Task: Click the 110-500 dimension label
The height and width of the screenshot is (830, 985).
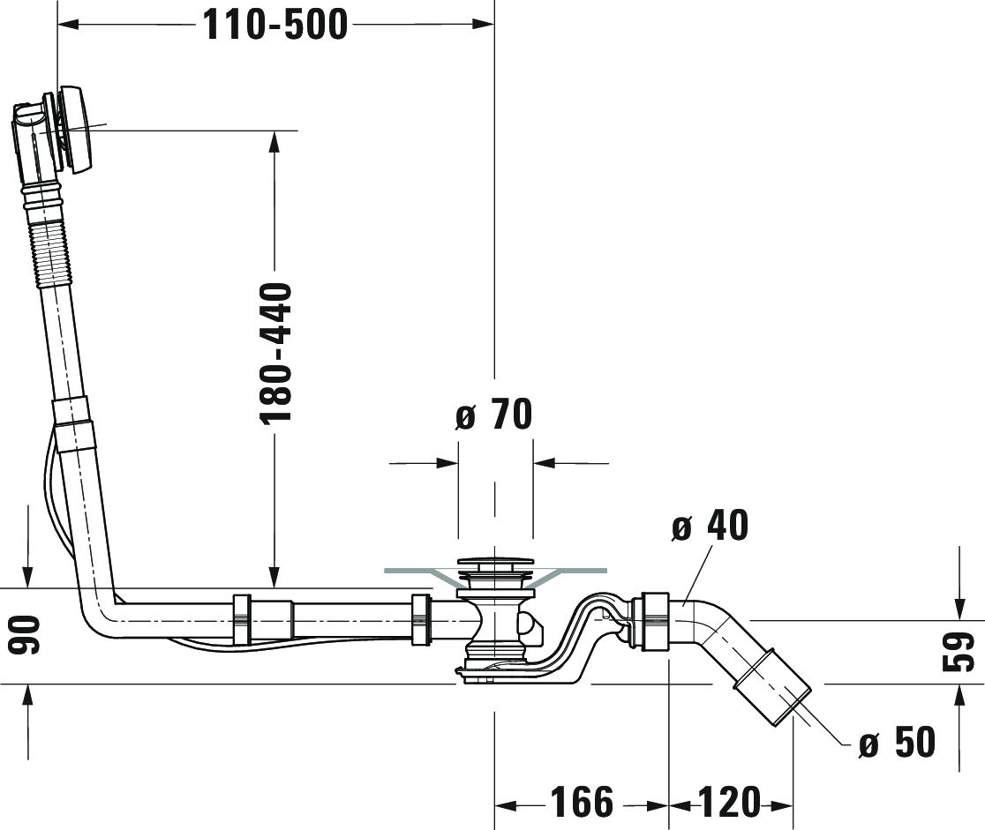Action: (x=275, y=25)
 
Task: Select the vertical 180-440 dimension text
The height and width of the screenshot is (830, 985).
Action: (x=275, y=352)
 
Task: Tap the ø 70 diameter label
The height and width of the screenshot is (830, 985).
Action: (x=493, y=414)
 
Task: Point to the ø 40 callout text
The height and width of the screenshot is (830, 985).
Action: (x=710, y=525)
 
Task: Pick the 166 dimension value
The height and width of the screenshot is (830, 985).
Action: (x=582, y=802)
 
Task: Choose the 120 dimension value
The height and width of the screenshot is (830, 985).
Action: (x=729, y=802)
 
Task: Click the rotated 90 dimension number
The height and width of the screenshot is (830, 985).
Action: (x=27, y=634)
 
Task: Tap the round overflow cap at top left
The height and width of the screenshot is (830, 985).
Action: (x=75, y=129)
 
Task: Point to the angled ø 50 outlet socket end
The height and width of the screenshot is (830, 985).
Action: (x=772, y=690)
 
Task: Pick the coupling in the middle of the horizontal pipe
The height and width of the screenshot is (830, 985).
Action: (x=242, y=619)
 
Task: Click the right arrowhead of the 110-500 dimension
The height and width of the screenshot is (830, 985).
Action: (x=483, y=25)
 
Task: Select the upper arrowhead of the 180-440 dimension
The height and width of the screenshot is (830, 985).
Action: (x=274, y=142)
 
